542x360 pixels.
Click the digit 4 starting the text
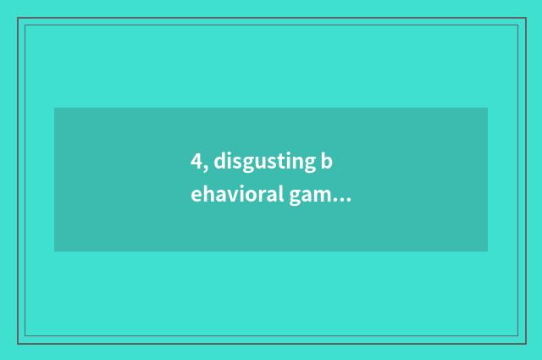coord(196,162)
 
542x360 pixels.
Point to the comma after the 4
coord(205,168)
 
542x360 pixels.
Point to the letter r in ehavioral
coord(258,197)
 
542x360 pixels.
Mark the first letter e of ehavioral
coord(196,197)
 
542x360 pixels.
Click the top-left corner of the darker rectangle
coord(55,108)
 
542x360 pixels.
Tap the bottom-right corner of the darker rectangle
coord(487,251)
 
